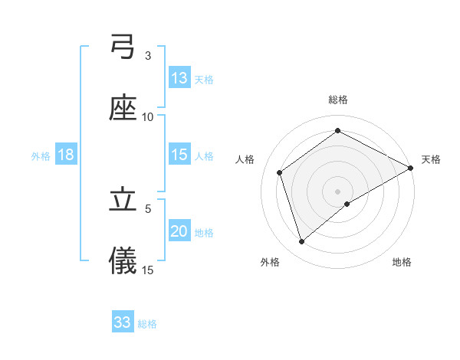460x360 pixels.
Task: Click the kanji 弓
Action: pos(123,49)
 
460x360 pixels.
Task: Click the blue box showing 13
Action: pos(179,78)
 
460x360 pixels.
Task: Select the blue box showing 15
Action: pos(179,155)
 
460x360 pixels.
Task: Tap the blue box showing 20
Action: pos(179,231)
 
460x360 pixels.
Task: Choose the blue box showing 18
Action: pos(66,155)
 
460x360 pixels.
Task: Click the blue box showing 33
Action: pos(123,322)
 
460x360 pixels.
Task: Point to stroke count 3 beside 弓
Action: pos(148,56)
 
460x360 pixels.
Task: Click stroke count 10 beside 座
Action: pos(148,116)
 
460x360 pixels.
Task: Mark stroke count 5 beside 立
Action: pos(148,208)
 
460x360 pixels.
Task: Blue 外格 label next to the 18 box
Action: pos(41,155)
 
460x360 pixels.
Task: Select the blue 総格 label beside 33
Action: pos(147,323)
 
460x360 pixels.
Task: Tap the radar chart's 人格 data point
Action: pos(280,172)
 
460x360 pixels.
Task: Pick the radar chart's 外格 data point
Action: pos(302,242)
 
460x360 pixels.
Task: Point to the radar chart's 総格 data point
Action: pos(338,130)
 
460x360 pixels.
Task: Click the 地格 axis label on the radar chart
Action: pos(402,262)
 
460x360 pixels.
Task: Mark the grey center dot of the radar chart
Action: pos(338,191)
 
